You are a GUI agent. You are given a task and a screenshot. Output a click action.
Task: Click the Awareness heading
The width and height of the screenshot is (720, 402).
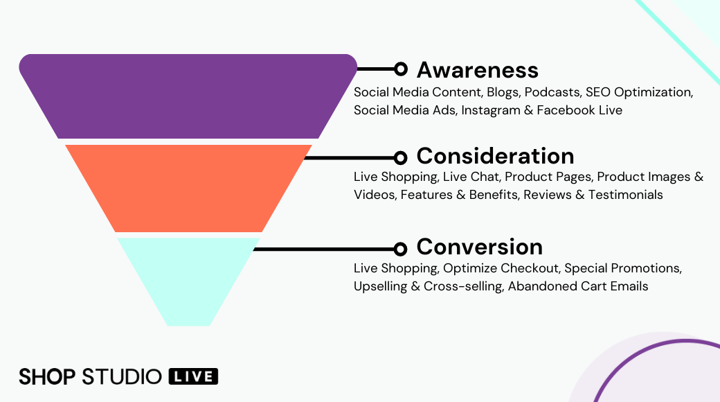(x=477, y=69)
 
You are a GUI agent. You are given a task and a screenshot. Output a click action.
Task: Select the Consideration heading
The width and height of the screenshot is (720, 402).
(x=495, y=155)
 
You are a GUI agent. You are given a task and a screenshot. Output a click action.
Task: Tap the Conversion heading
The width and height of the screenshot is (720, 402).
(x=479, y=247)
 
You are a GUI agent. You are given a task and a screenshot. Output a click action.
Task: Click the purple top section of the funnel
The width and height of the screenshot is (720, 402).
(x=188, y=96)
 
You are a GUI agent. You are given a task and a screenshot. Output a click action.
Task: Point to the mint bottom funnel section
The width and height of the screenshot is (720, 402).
(x=188, y=277)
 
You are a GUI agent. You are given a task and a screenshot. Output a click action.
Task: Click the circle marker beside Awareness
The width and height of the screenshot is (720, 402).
(x=400, y=69)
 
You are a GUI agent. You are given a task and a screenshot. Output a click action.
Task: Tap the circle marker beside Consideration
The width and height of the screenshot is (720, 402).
(x=400, y=157)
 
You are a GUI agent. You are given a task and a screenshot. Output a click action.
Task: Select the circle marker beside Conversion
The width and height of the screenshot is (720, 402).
(x=400, y=249)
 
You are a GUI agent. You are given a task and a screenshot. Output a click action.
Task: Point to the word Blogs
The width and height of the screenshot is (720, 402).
(x=503, y=92)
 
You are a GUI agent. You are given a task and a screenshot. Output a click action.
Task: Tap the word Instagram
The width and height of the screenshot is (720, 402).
(x=487, y=110)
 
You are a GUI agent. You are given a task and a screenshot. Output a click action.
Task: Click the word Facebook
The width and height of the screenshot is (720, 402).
(x=565, y=110)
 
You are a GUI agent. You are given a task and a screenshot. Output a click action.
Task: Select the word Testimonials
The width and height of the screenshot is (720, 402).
(x=625, y=195)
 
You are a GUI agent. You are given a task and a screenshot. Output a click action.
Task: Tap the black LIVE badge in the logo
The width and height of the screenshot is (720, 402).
(x=193, y=376)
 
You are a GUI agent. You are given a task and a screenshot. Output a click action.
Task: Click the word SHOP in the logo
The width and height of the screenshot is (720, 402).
(x=47, y=376)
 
